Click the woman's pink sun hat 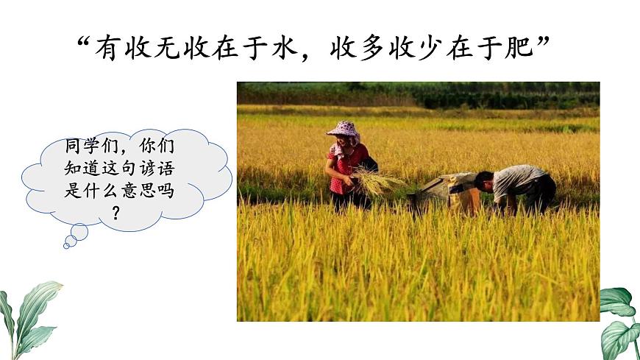click(344, 130)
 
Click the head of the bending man click(484, 180)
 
